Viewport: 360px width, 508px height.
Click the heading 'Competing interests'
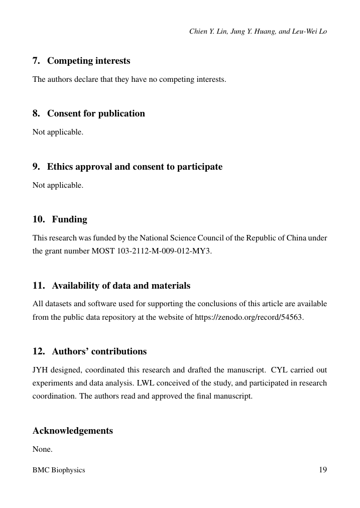[x=88, y=61]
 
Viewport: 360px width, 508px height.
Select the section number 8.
[x=36, y=113]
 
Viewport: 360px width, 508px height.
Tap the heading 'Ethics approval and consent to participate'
[x=135, y=167]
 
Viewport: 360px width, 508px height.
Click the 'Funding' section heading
[x=69, y=219]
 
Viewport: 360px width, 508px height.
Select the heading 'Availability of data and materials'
[x=121, y=286]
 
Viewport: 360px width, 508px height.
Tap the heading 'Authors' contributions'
[x=99, y=351]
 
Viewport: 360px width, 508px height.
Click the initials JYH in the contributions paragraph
[x=40, y=370]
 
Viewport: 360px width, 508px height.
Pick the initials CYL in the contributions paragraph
[x=279, y=370]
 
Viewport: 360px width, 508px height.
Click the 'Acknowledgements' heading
[x=72, y=431]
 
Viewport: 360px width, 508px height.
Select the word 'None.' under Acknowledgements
[x=42, y=449]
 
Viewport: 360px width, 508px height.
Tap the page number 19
[x=322, y=470]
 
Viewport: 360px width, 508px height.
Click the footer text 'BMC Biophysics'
[x=59, y=470]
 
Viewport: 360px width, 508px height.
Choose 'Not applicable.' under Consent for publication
[x=58, y=133]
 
